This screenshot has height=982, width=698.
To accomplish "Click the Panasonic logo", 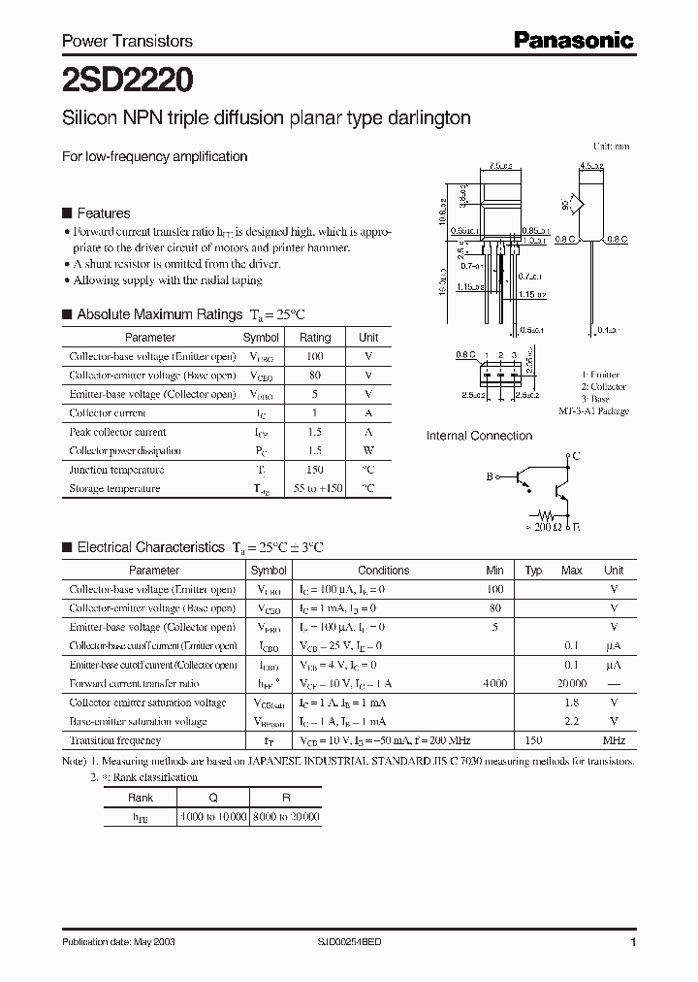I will pos(573,40).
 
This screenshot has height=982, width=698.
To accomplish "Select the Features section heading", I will pos(103,213).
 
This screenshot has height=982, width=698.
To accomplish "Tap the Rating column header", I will pos(315,338).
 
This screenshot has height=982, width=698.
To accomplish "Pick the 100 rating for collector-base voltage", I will pos(315,357).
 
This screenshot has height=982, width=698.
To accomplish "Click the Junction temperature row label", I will pos(108,470).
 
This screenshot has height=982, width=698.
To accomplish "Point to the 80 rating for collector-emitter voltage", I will pos(315,376).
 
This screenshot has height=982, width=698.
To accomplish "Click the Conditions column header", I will pos(384,571).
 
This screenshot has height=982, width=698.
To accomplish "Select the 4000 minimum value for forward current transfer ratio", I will pos(494,683).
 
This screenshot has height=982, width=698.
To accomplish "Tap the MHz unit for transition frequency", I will pos(614,739).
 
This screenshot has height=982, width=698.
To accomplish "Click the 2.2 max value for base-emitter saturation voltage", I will pos(571,721).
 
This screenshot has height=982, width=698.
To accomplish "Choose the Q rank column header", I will pos(213,798).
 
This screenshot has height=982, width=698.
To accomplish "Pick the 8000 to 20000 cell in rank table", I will pos(285,817).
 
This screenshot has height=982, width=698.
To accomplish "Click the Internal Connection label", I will pos(479,437).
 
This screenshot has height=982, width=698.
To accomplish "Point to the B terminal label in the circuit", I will pos(490,476).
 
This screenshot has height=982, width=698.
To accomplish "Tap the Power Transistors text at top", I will pos(127,41).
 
